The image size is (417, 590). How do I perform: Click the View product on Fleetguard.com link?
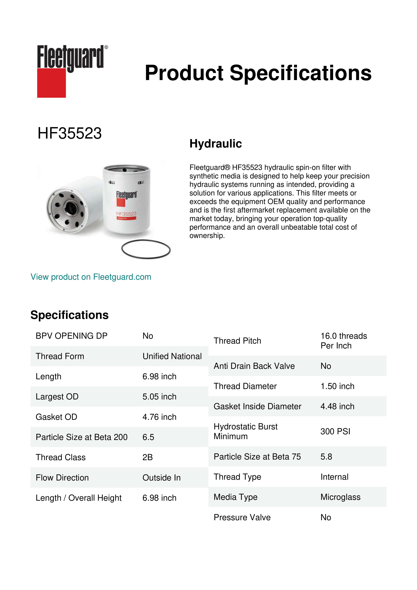[x=91, y=277]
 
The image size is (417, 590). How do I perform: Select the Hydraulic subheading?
[x=215, y=143]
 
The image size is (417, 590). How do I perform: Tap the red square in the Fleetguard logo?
[x=51, y=83]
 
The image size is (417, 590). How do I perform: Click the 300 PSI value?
[x=335, y=431]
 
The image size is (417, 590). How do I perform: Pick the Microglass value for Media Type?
[x=340, y=497]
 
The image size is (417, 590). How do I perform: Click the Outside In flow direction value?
[x=162, y=477]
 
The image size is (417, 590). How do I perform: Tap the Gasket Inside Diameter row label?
[x=257, y=406]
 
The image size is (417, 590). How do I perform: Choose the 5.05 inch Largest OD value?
[x=159, y=397]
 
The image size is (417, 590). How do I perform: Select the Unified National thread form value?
[x=172, y=356]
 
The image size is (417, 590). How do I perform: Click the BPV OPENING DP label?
[x=71, y=336]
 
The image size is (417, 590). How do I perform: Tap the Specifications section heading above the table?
[x=69, y=315]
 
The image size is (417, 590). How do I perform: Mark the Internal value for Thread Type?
[x=334, y=477]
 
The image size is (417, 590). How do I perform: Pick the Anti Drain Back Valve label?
[x=254, y=366]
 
